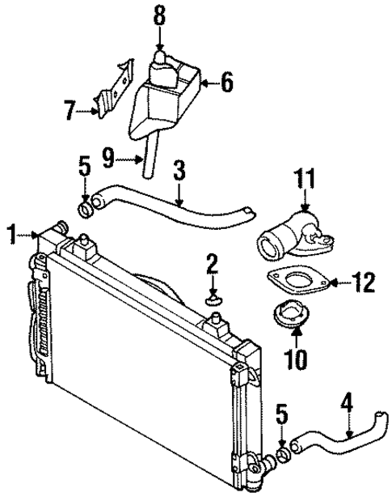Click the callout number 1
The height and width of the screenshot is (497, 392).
point(11,236)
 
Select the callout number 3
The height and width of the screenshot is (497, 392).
point(179,171)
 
